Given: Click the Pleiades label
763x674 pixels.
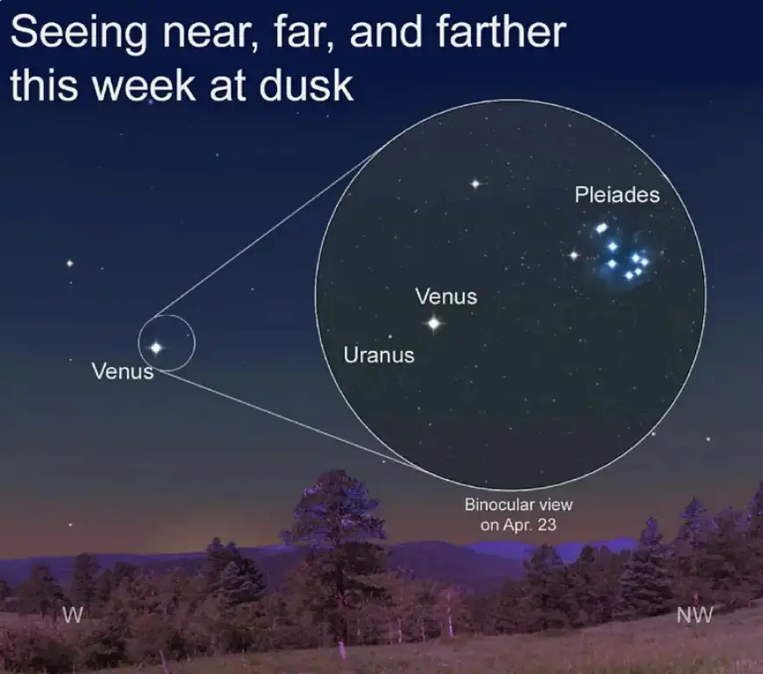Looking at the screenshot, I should (x=617, y=195).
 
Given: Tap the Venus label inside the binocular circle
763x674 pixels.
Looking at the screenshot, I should (x=446, y=297).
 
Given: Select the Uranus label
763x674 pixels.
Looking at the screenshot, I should (x=379, y=355).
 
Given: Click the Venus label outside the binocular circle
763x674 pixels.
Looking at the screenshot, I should (x=123, y=371).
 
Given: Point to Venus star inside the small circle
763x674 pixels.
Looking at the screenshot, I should (x=156, y=348).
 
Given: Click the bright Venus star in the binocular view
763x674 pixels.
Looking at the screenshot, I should (x=433, y=324).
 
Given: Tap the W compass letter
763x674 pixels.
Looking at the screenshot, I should (x=75, y=616).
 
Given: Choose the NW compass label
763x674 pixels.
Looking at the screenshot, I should (x=695, y=615).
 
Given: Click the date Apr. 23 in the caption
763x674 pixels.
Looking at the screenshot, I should (x=530, y=525).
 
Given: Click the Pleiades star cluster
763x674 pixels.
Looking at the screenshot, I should (x=623, y=255).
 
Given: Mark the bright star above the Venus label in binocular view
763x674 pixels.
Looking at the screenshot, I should (x=475, y=183).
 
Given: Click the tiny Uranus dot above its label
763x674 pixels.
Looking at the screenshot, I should (x=389, y=336).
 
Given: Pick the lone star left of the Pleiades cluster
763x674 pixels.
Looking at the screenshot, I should (x=574, y=255).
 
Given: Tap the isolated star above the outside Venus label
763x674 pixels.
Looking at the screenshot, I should (x=69, y=262).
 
